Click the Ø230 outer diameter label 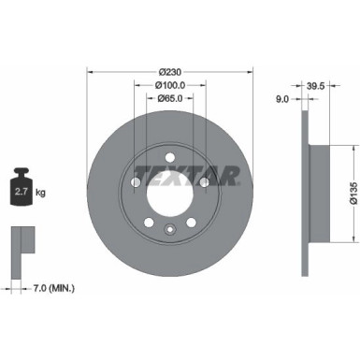[169, 72]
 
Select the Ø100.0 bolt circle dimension [169, 84]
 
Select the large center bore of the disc [169, 195]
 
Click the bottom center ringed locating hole [169, 232]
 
